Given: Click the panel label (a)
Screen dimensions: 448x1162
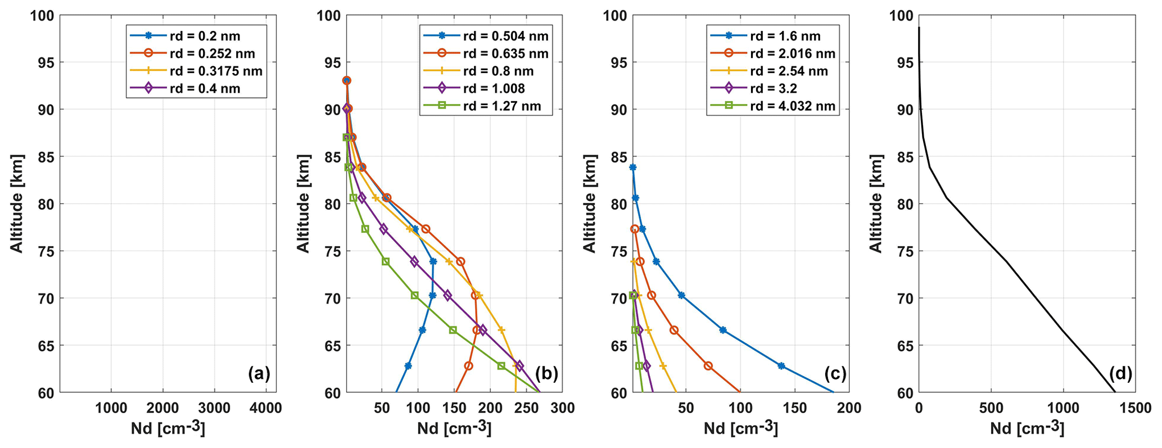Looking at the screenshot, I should click(259, 373).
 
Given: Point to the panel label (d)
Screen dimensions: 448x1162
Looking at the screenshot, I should click(1120, 373).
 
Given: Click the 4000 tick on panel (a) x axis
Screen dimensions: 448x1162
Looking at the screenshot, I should click(266, 409).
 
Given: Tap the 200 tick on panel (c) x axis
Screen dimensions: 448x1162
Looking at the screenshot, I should click(849, 409).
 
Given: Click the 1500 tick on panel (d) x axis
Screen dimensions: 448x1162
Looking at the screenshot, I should click(1136, 409).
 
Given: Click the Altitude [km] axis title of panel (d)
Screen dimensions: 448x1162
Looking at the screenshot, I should click(876, 203).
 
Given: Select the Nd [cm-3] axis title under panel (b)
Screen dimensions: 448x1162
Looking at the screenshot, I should click(454, 429).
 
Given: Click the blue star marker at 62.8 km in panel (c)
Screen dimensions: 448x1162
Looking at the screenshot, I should click(781, 366).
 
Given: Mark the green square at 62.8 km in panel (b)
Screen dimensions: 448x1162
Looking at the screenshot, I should click(501, 366).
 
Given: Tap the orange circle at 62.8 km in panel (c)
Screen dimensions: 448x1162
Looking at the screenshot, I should click(708, 366).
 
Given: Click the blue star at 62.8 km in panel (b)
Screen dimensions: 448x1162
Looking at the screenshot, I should click(408, 366).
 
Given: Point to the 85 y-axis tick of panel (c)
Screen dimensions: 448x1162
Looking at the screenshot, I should click(618, 157).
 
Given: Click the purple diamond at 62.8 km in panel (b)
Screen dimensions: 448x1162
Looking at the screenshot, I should click(519, 366).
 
